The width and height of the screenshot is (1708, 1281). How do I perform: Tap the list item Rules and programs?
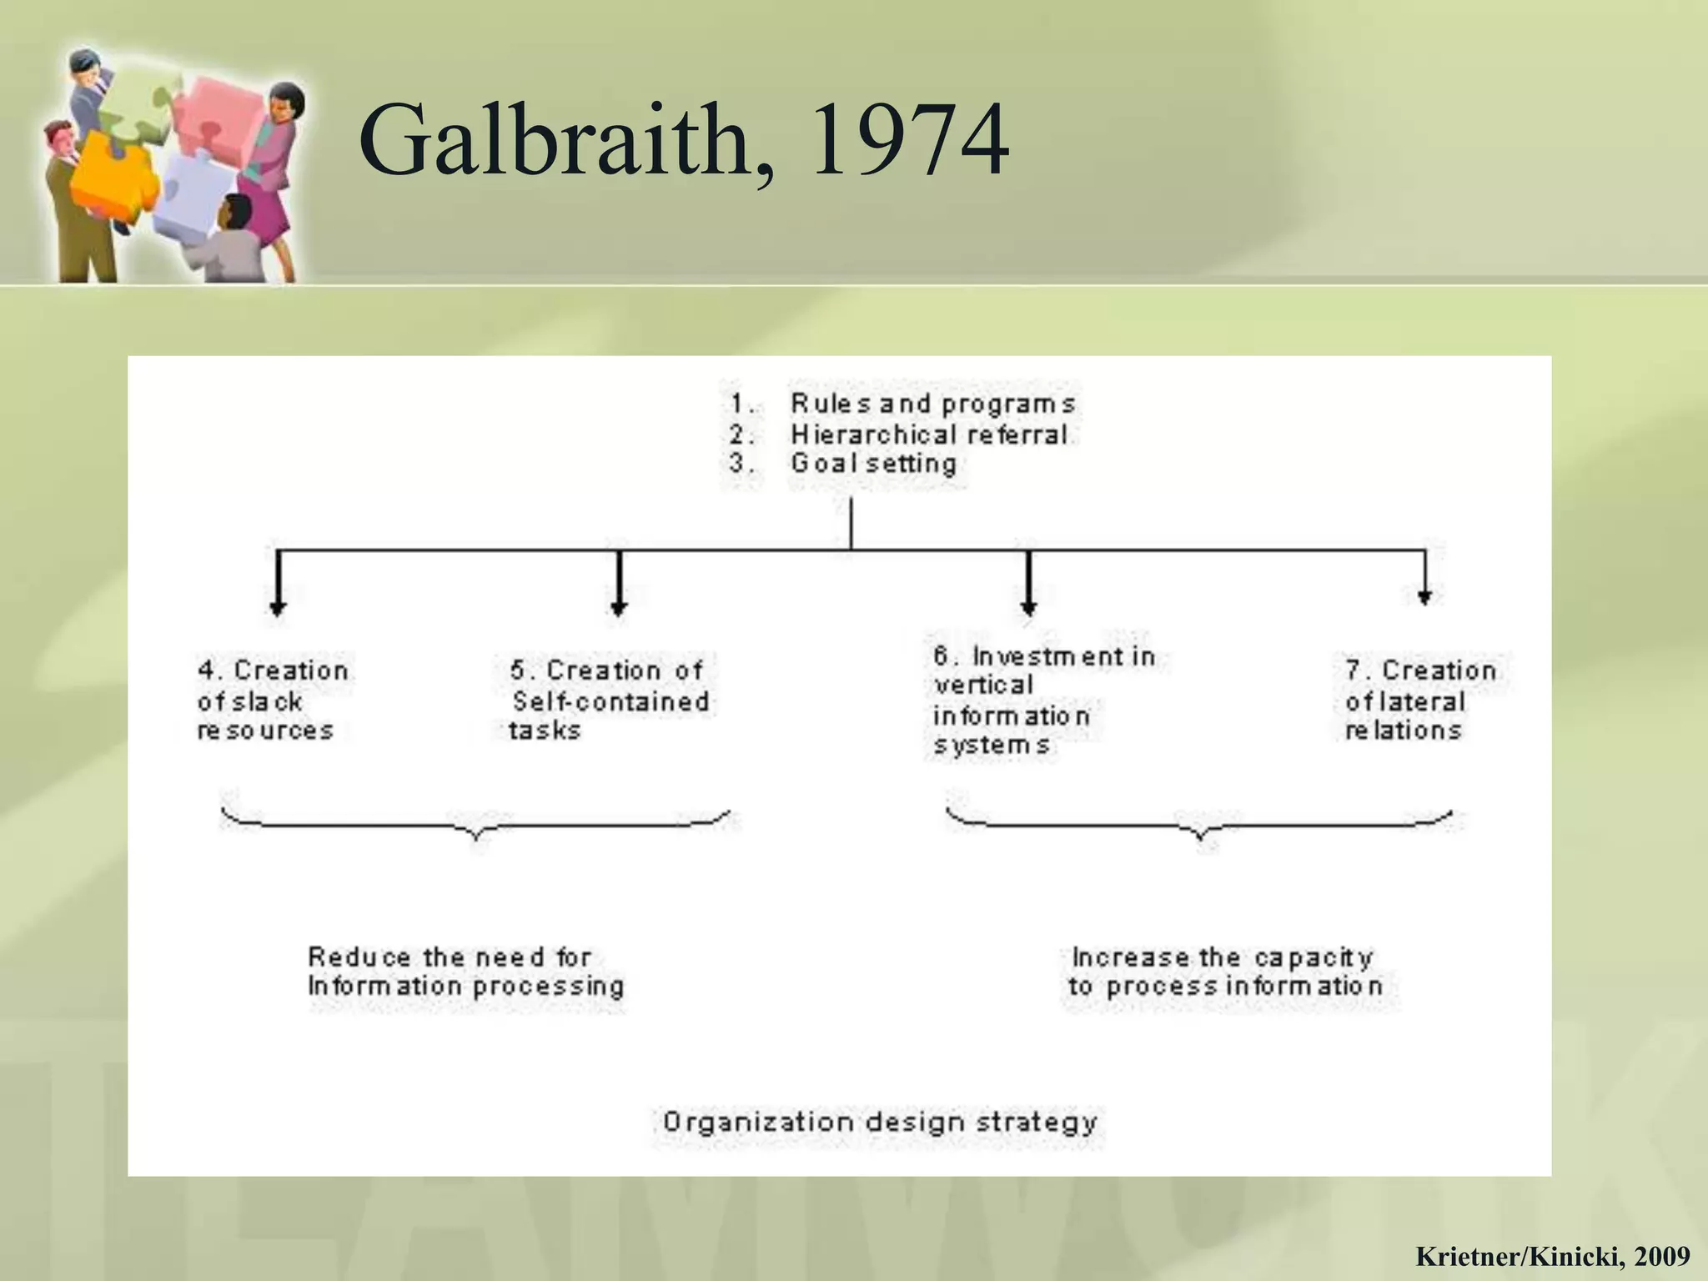tap(932, 404)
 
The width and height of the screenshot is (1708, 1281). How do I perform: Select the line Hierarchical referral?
tap(928, 435)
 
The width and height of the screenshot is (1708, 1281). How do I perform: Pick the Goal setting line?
tap(873, 464)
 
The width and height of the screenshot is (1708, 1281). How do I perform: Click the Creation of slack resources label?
tap(271, 701)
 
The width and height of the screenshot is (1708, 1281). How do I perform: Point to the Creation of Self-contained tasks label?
tap(609, 701)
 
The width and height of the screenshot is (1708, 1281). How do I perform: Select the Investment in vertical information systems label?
tap(1042, 701)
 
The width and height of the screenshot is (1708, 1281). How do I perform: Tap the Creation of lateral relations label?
tap(1419, 701)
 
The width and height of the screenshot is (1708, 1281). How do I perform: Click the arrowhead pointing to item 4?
tap(278, 608)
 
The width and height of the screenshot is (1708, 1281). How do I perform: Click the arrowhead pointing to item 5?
tap(618, 608)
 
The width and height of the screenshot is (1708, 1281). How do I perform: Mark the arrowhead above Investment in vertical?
tap(1028, 608)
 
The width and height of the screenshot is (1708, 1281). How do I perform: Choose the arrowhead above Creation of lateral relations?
tap(1424, 597)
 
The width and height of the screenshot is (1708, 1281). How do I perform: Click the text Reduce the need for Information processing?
tap(465, 972)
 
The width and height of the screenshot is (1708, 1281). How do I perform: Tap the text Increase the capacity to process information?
tap(1224, 972)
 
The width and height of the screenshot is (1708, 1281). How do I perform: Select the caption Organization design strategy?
tap(879, 1123)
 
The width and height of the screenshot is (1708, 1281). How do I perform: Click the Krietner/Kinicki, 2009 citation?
tap(1552, 1255)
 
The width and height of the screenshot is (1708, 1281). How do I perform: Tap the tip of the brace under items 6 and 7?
tap(1201, 838)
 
